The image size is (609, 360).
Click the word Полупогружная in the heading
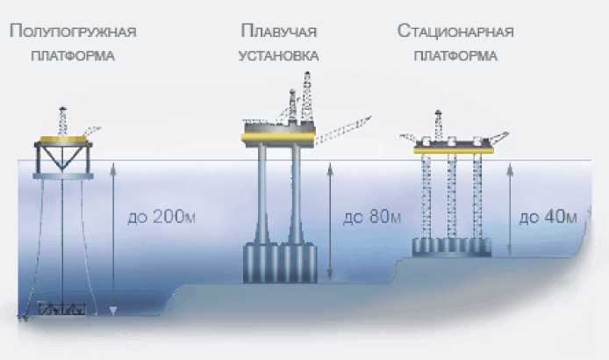pos(73,32)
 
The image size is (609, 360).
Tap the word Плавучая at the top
pos(278,32)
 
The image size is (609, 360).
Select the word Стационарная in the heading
pos(455,32)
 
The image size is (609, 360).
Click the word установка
pos(278,55)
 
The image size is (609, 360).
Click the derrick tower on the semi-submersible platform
pos(62,120)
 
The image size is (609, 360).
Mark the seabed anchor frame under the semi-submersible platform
pos(62,309)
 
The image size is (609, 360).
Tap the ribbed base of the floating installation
pos(280,263)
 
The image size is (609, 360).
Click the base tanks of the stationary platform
pos(452,245)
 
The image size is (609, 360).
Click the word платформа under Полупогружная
pos(73,55)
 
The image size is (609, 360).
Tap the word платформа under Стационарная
pos(455,55)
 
